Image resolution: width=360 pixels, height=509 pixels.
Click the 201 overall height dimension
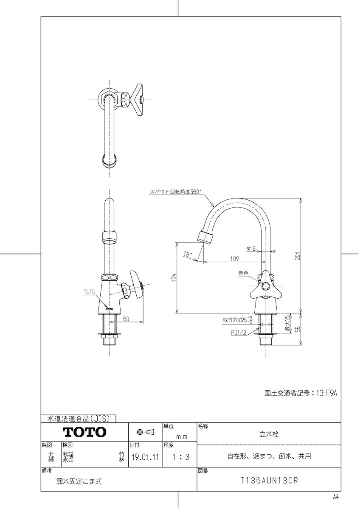click(x=298, y=256)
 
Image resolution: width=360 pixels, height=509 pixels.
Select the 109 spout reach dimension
click(x=235, y=259)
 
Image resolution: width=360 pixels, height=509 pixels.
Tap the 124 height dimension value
click(x=174, y=278)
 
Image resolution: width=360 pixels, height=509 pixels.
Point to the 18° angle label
click(x=186, y=255)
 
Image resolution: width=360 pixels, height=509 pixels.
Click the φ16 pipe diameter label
click(x=251, y=249)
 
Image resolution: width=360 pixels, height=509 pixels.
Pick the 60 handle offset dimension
click(x=126, y=319)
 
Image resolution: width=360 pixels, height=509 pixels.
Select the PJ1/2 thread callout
click(x=239, y=333)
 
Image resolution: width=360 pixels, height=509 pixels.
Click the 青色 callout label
click(x=243, y=273)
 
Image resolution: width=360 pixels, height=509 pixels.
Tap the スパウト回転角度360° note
click(x=175, y=192)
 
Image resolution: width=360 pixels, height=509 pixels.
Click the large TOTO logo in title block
click(x=84, y=432)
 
